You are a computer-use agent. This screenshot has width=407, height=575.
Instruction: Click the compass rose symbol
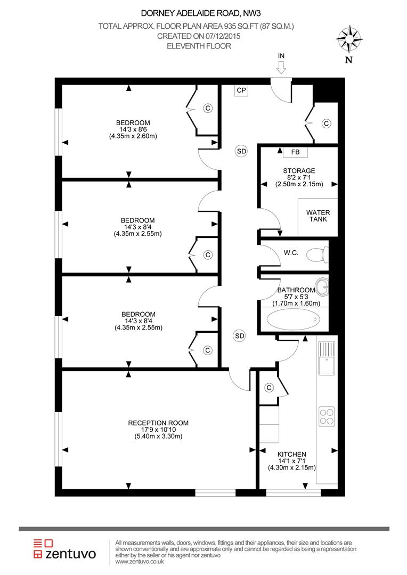click(349, 38)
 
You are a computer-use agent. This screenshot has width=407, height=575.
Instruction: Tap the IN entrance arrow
click(281, 67)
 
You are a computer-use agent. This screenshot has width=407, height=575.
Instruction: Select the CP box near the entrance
click(241, 90)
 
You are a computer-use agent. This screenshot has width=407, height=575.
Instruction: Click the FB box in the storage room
click(295, 152)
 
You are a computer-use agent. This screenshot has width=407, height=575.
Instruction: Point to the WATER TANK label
click(318, 216)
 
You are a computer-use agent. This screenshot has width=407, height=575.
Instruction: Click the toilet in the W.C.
click(317, 255)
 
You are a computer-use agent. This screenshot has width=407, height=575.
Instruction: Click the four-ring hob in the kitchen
click(327, 416)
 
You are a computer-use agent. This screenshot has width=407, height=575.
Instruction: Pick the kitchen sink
click(327, 358)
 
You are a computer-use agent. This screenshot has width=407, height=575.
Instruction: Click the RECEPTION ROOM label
click(158, 423)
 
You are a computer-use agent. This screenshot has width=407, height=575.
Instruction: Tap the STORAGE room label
click(299, 170)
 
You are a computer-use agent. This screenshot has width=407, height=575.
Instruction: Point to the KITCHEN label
click(292, 454)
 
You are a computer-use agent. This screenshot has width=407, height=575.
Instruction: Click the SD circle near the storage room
click(241, 151)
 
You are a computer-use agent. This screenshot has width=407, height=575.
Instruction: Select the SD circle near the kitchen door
click(240, 336)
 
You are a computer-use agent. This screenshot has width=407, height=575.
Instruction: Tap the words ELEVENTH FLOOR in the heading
click(199, 46)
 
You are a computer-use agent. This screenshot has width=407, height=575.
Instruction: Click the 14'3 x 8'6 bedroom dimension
click(133, 129)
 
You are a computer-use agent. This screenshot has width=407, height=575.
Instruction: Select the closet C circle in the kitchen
click(270, 388)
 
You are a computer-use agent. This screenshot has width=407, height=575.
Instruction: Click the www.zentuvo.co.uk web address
click(140, 562)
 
